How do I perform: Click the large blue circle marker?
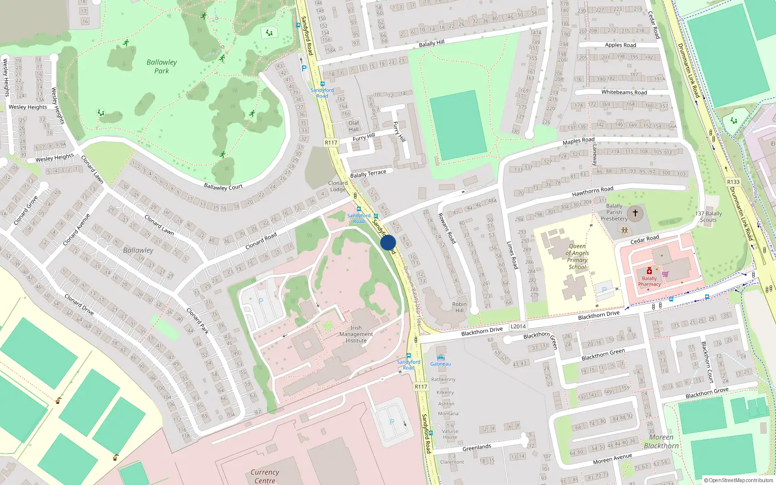point(388,242)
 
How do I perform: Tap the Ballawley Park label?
point(162,66)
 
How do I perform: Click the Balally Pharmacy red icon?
point(649,271)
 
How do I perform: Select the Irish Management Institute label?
point(356,334)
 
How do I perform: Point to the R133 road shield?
point(733,182)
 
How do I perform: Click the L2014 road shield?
point(518,326)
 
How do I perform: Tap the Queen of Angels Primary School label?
point(577,257)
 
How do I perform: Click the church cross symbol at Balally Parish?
point(635,213)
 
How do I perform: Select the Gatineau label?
point(440,364)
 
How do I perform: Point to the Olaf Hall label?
point(354,126)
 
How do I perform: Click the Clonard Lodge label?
point(338,186)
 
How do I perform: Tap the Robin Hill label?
point(459,307)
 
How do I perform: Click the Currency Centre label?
point(265,476)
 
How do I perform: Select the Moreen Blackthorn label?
point(661,441)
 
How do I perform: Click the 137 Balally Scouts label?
point(709,217)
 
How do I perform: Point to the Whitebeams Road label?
point(624,92)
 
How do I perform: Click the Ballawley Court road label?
point(223,187)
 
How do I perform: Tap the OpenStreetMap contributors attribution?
point(738,480)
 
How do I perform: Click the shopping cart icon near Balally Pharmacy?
point(665,274)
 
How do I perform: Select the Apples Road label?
point(620,45)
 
